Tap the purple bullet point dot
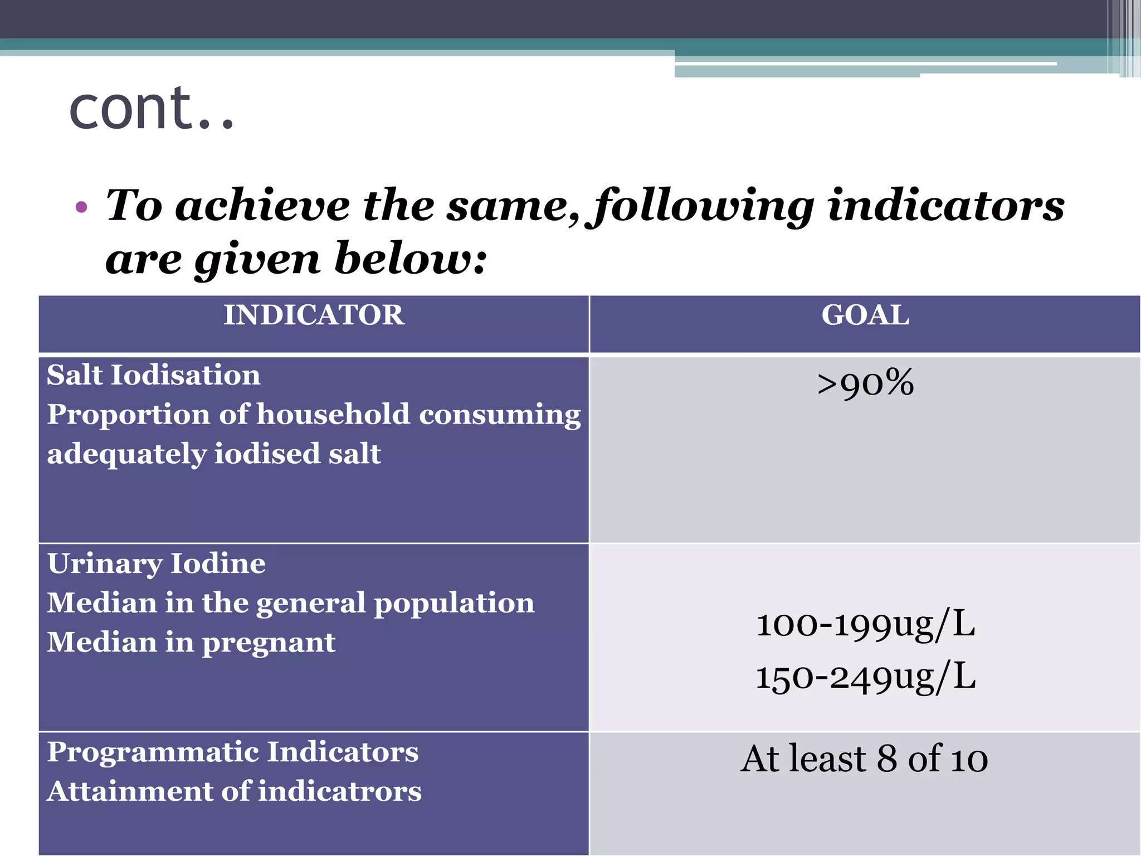point(81,208)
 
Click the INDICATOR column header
point(314,315)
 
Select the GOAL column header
point(865,315)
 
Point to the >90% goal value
point(865,383)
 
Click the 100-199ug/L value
point(865,624)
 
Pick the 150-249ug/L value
point(865,677)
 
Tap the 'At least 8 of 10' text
point(864,759)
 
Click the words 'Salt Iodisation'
point(154,375)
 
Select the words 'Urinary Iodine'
point(157,563)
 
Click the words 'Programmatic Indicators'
point(232,752)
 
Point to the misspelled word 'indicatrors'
point(340,791)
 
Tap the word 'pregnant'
point(269,643)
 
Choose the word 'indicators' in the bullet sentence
point(946,205)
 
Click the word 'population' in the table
point(454,604)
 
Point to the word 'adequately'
point(126,454)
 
